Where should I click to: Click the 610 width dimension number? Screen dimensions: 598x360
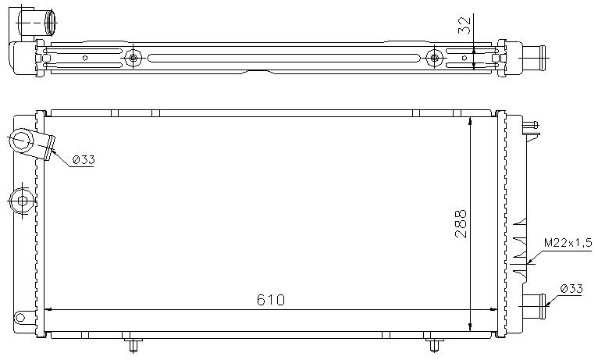click(271, 300)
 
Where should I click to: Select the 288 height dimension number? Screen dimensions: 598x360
click(461, 224)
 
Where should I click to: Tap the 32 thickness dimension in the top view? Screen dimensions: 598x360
click(465, 25)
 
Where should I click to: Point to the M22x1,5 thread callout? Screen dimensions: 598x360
click(568, 243)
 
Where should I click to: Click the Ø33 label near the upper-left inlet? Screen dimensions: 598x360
click(83, 160)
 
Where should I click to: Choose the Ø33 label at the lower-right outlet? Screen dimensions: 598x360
click(571, 289)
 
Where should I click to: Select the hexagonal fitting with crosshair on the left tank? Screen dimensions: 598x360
click(22, 201)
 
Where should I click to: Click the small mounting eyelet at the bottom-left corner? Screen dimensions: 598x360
click(20, 317)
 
